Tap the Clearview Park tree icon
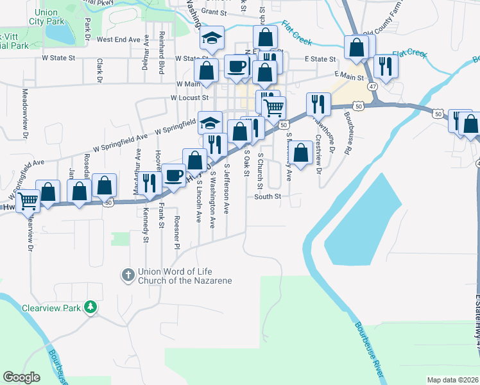(x=92, y=307)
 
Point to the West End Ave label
(x=118, y=39)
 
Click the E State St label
(x=320, y=59)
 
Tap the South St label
(x=268, y=196)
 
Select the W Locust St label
(x=189, y=98)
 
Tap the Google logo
(x=21, y=377)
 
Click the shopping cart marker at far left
(x=28, y=201)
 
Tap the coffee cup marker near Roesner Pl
(x=173, y=176)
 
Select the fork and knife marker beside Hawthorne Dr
(x=318, y=104)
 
